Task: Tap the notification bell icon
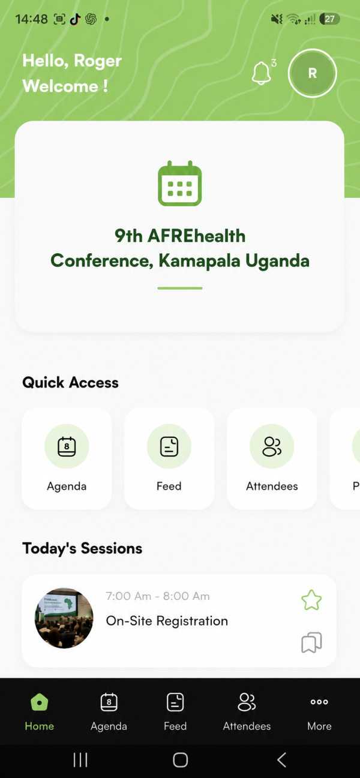[x=261, y=73]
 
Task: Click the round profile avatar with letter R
[x=313, y=73]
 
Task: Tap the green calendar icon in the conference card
[x=179, y=183]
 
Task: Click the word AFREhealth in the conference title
[x=196, y=236]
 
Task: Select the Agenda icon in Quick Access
[x=67, y=446]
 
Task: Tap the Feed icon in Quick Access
[x=169, y=446]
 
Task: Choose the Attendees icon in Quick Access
[x=272, y=446]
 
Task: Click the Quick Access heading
[x=71, y=382]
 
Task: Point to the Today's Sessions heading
[x=82, y=548]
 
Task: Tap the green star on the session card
[x=311, y=600]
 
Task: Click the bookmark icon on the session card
[x=311, y=642]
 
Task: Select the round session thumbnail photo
[x=64, y=618]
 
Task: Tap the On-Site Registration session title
[x=167, y=621]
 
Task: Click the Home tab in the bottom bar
[x=39, y=711]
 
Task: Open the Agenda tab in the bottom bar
[x=109, y=711]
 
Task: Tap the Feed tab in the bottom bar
[x=175, y=711]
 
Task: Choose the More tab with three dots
[x=319, y=711]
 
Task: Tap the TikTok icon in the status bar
[x=75, y=19]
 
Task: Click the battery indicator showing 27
[x=329, y=19]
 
